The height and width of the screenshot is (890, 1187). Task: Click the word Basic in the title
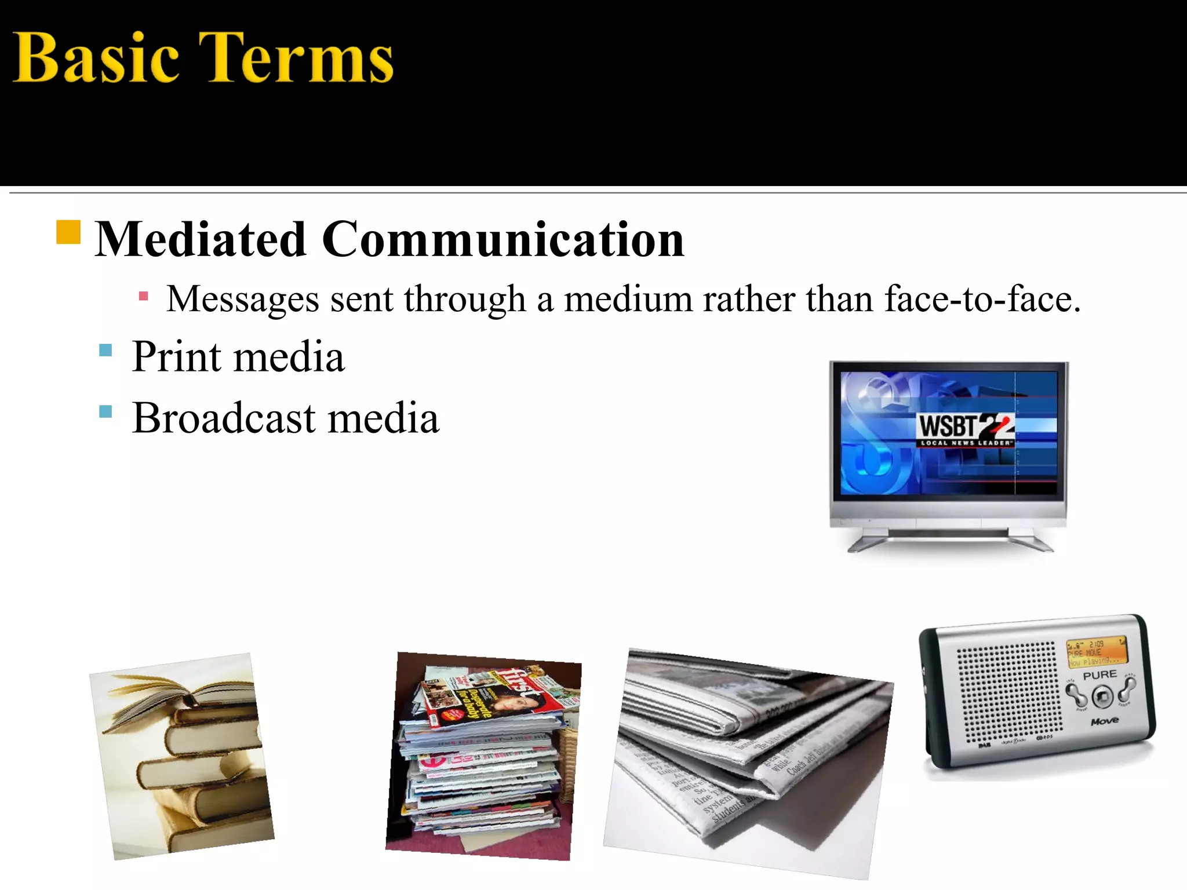click(96, 59)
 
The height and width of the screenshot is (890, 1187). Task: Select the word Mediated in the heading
click(201, 239)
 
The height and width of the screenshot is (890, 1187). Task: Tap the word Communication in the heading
click(503, 239)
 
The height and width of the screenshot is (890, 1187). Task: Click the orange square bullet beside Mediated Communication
click(68, 232)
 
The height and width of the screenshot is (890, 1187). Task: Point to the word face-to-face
click(982, 300)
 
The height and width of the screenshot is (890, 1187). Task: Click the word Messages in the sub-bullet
click(243, 300)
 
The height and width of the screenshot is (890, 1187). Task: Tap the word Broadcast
click(224, 418)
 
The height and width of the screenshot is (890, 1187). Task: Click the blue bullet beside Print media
click(105, 350)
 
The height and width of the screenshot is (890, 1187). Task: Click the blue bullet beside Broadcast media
click(105, 411)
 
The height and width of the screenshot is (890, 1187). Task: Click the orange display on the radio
click(1096, 651)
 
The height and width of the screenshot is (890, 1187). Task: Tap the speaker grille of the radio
click(1008, 692)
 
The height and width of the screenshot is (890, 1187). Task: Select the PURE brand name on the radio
click(1099, 675)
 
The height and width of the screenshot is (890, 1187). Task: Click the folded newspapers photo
click(748, 759)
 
